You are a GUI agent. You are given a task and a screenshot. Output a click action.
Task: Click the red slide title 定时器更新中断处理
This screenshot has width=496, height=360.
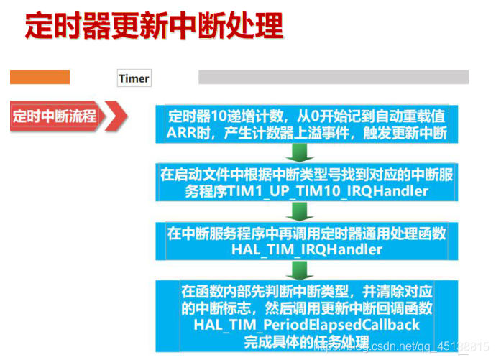[x=154, y=26]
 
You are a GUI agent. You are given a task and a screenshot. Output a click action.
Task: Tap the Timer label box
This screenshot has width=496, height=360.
[x=134, y=78]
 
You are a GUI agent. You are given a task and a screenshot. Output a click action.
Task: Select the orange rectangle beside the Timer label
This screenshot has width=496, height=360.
[x=40, y=77]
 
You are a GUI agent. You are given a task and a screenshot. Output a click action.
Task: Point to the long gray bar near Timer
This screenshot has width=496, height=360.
[x=333, y=77]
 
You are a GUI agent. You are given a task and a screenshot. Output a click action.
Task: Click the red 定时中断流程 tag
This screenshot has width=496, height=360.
[x=55, y=116]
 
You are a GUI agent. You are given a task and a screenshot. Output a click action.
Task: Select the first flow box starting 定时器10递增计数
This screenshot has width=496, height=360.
[x=306, y=124]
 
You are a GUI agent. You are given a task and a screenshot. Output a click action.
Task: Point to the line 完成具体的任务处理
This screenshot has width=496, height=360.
[x=306, y=341]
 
